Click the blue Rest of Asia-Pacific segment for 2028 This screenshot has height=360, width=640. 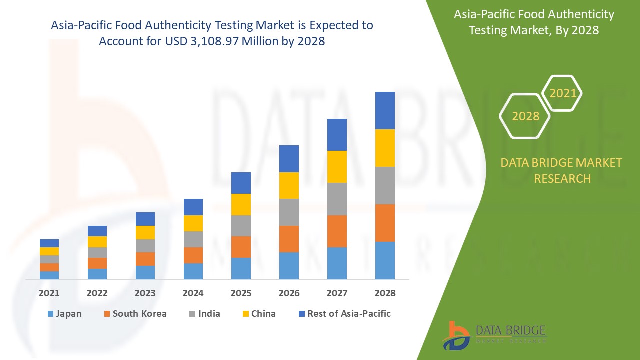pos(385,110)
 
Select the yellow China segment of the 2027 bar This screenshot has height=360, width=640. pos(337,167)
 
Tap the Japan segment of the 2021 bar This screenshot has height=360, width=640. pos(49,275)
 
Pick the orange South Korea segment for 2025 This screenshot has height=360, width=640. pos(241,247)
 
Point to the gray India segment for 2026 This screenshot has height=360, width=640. pos(289,212)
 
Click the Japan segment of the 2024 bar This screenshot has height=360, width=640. pos(193,271)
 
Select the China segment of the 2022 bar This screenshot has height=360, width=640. pos(97,242)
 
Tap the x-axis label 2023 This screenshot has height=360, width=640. pos(145,293)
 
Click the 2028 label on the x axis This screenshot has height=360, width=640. pos(385,293)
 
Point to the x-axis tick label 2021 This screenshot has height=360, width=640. pos(49,293)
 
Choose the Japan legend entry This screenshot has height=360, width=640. pos(64,314)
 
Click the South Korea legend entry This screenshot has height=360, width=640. pos(135,314)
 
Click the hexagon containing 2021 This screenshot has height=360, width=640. pos(562,93)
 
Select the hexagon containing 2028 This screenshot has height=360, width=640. pos(525,116)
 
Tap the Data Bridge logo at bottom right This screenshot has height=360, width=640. pos(495,334)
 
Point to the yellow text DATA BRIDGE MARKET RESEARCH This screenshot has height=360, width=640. pos(562,170)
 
